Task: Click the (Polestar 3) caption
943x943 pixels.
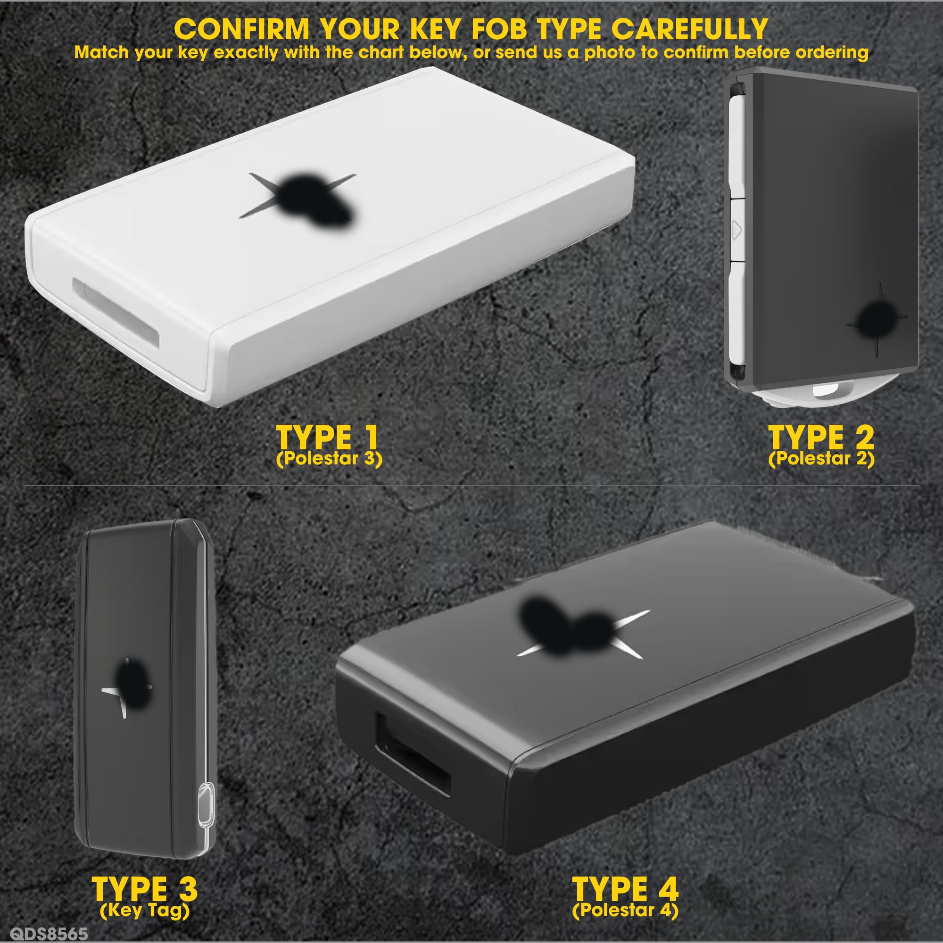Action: click(328, 459)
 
